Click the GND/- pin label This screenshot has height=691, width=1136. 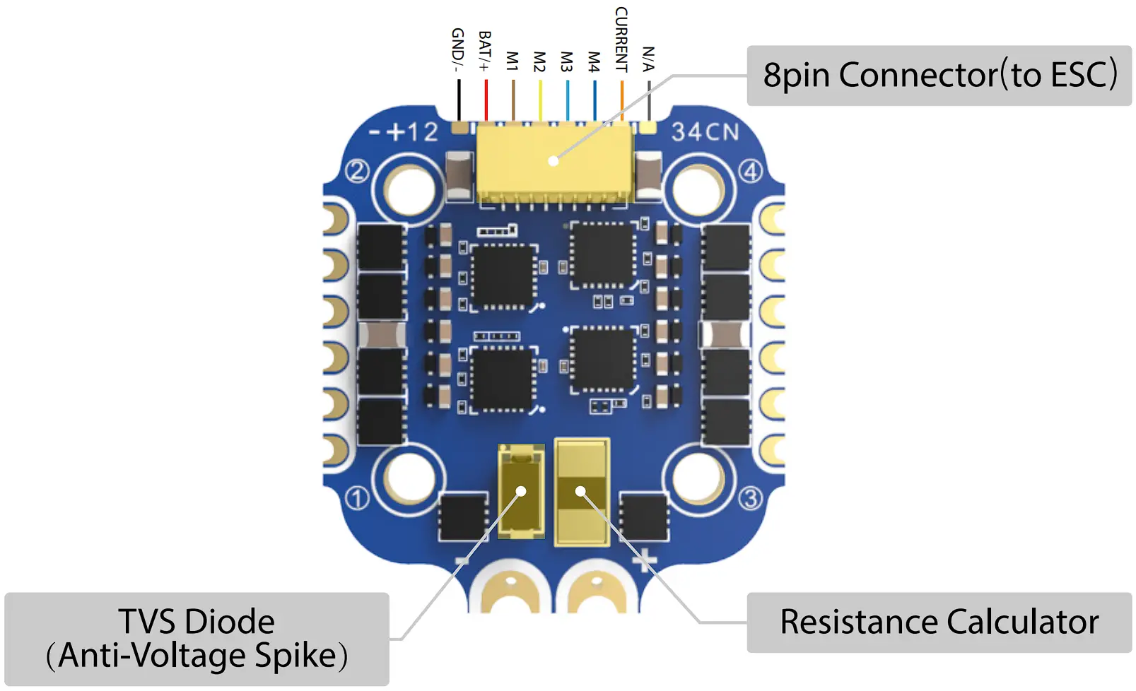(457, 49)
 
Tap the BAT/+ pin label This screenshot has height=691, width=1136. (484, 51)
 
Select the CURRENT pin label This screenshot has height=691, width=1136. (621, 40)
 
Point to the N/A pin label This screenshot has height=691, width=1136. (648, 59)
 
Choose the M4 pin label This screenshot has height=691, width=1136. (594, 61)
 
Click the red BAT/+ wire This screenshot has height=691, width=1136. (486, 100)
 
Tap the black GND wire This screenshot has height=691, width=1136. (459, 100)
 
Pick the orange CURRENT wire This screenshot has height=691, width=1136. (622, 100)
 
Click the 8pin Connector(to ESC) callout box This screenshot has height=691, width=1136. (939, 76)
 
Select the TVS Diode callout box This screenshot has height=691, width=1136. (197, 639)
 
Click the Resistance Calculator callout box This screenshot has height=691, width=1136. (939, 622)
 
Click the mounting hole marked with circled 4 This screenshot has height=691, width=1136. (697, 188)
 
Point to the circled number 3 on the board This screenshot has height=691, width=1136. (750, 499)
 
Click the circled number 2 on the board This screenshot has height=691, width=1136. (357, 171)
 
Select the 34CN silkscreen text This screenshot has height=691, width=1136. (705, 132)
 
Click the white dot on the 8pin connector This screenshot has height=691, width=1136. (554, 161)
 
